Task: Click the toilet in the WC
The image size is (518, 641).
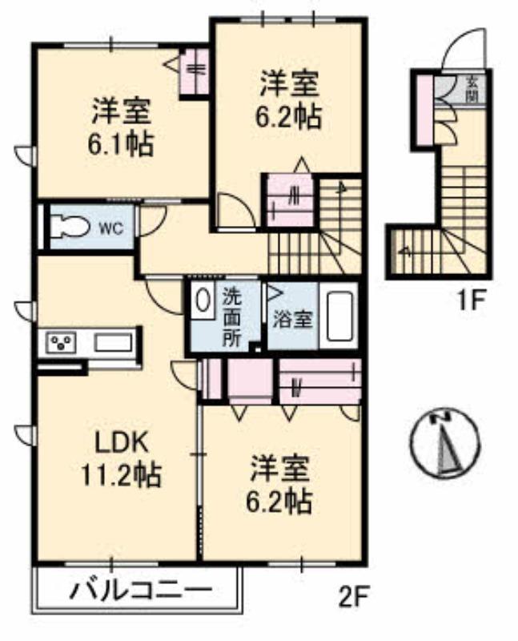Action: (68, 227)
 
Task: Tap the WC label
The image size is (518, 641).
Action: (110, 228)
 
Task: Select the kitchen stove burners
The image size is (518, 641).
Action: (61, 344)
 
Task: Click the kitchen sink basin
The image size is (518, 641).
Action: (113, 343)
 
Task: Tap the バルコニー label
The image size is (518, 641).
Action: (139, 594)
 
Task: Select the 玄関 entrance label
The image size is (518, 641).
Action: (473, 89)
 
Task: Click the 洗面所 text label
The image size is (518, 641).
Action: (231, 316)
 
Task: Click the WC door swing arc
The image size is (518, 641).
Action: (153, 219)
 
